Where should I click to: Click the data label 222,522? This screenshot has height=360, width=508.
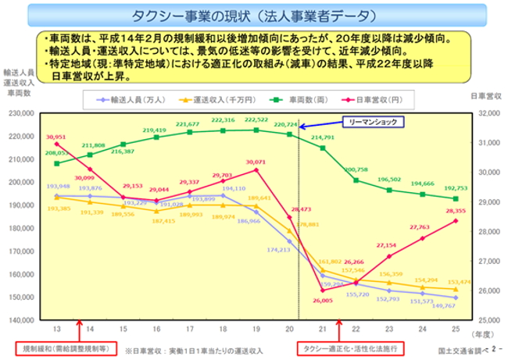(256, 120)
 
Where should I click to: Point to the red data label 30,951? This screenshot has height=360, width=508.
(55, 137)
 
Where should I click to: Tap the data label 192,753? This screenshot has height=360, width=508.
(456, 188)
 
